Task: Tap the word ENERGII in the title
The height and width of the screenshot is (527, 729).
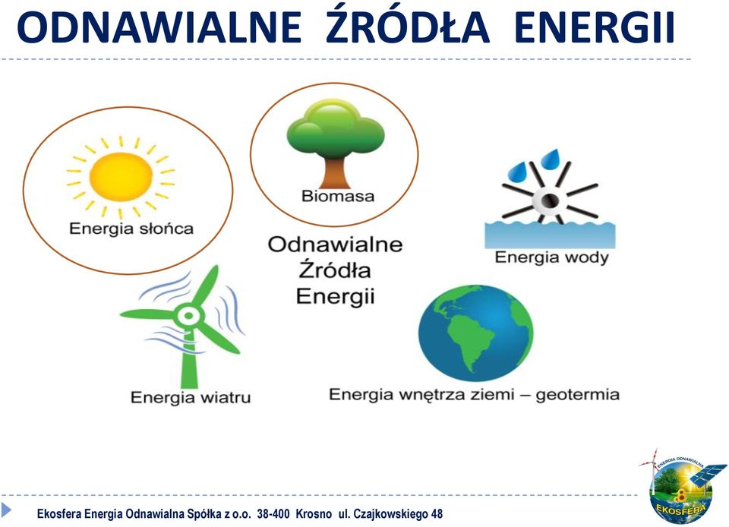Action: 594,27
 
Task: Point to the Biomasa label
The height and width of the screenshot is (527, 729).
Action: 338,196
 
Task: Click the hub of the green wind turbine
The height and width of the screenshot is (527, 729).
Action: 189,316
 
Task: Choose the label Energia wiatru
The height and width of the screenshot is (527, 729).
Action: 191,398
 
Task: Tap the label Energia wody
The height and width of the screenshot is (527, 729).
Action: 551,257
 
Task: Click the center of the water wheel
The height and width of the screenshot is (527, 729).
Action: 548,200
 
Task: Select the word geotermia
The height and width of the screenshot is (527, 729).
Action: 577,395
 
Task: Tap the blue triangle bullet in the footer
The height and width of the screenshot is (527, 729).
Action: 7,510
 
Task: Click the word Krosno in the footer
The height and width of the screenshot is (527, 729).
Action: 314,514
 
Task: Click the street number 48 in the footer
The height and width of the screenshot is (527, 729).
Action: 437,514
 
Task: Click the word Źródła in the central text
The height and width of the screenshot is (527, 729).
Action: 335,269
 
